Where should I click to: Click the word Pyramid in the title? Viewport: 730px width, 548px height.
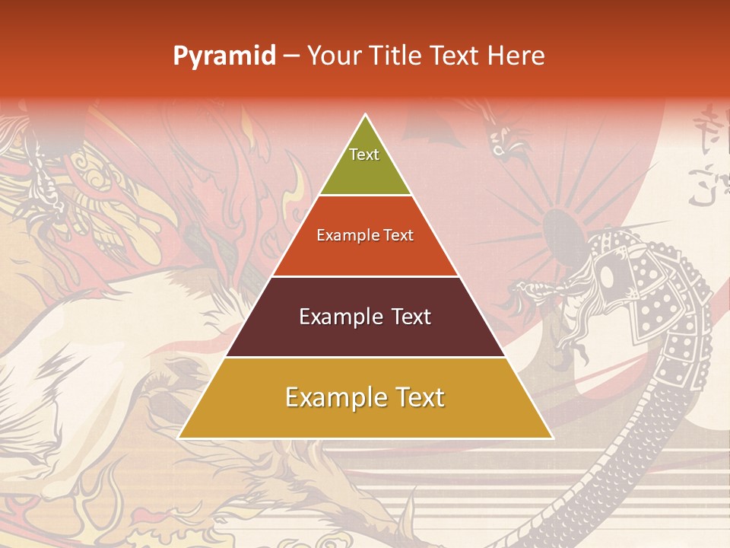point(224,56)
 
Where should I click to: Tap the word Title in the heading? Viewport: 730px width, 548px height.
point(396,56)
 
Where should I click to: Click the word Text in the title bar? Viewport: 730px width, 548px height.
point(455,56)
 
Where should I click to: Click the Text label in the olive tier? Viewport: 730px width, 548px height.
point(364,155)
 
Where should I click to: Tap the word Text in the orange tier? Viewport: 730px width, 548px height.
point(398,236)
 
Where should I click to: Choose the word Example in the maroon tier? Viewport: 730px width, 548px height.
point(332,317)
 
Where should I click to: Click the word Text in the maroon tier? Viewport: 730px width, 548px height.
point(411,317)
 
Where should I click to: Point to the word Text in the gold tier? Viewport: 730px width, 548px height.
point(418,397)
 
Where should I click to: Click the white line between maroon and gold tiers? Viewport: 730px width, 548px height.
point(366,357)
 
